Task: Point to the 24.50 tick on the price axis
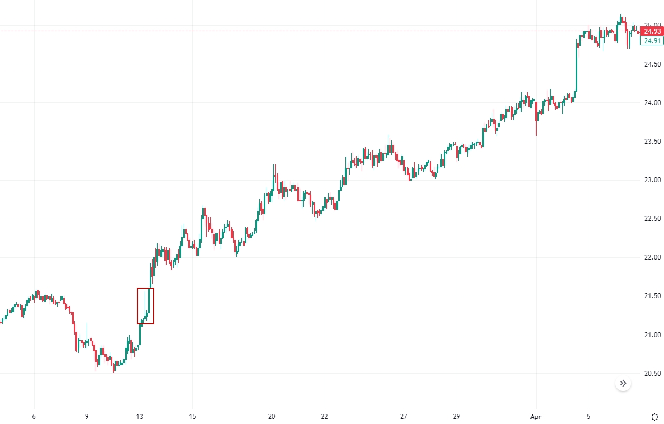(x=648, y=64)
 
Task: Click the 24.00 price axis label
(x=648, y=103)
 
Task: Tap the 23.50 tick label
(x=648, y=142)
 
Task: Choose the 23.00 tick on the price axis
(x=648, y=180)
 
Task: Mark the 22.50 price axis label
(x=648, y=219)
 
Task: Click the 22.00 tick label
(x=648, y=257)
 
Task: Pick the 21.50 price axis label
(x=648, y=296)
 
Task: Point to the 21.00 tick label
(x=648, y=335)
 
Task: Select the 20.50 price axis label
(x=648, y=374)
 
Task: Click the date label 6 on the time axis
(x=34, y=417)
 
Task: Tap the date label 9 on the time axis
(x=87, y=417)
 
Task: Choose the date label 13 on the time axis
(x=140, y=417)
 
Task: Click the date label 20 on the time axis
(x=272, y=417)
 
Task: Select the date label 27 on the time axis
(x=404, y=417)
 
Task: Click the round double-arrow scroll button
(x=623, y=384)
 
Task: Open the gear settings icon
(x=654, y=417)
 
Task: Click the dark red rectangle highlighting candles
(x=145, y=305)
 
